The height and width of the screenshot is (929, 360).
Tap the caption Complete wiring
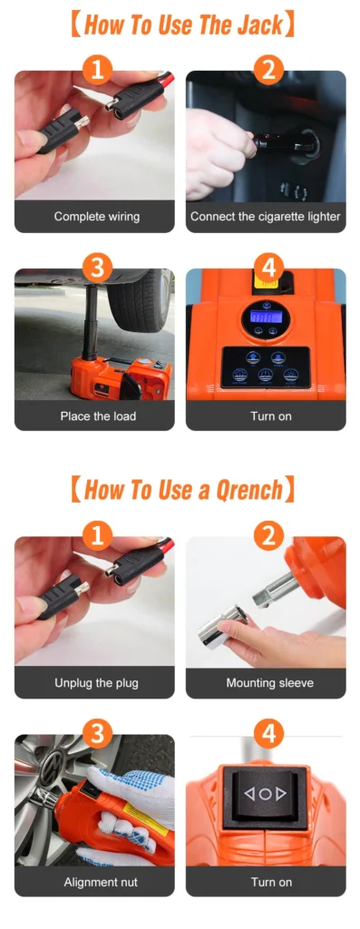coord(97,216)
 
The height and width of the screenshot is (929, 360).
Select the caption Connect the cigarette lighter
coord(266,216)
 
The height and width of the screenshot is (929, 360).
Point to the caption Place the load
coord(98,416)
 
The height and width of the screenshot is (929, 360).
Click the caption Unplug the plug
coord(96,682)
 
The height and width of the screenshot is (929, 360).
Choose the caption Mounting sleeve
coord(269,682)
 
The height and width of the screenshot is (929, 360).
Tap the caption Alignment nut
coord(101,882)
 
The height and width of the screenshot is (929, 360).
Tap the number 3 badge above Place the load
coord(97,269)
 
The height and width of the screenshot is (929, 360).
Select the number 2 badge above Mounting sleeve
coord(268,537)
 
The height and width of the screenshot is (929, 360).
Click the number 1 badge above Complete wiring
coord(97,71)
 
